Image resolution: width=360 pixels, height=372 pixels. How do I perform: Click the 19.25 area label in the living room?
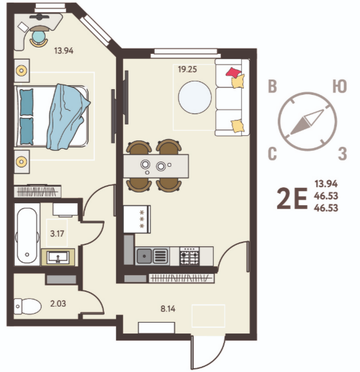[x=187, y=69]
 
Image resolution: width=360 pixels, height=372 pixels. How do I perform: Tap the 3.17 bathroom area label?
[x=57, y=233]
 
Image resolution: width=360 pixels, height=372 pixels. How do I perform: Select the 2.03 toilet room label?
[x=58, y=303]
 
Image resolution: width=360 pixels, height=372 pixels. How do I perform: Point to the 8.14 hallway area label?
[x=167, y=309]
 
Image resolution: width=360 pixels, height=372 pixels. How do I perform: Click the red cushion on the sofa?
[x=234, y=72]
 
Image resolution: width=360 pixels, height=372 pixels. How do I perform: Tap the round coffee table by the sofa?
[x=195, y=97]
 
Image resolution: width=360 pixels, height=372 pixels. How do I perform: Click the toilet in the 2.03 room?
[x=28, y=307]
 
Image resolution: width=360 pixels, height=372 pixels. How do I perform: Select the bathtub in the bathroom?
[x=27, y=235]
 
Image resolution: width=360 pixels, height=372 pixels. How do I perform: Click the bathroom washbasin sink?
[x=58, y=257]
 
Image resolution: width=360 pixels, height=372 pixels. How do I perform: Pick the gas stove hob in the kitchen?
[x=189, y=256]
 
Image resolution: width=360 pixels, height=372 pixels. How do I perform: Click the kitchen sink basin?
[x=144, y=256]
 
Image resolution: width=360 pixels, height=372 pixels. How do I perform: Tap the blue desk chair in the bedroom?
[x=39, y=37]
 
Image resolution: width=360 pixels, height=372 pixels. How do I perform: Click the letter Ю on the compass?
[x=339, y=86]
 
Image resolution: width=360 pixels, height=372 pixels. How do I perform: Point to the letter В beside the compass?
[x=273, y=86]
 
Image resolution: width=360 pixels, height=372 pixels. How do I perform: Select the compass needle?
[x=307, y=122]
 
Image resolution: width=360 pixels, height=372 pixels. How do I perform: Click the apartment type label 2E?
[x=292, y=198]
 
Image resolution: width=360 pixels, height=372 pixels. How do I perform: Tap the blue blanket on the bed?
[x=67, y=117]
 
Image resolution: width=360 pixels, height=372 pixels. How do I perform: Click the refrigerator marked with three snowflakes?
[x=137, y=219]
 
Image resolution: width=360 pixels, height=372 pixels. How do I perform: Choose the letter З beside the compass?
[x=343, y=154]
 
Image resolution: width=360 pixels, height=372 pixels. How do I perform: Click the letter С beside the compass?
[x=273, y=154]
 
